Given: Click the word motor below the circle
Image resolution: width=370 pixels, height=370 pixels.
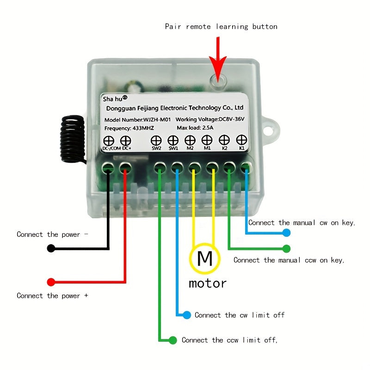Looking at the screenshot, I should coord(208,283).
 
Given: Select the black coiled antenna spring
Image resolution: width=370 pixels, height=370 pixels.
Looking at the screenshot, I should coord(73,138).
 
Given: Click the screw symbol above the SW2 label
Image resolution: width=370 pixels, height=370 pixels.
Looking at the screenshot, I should coord(156,140).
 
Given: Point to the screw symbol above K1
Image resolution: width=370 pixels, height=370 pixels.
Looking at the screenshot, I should coord(241,140).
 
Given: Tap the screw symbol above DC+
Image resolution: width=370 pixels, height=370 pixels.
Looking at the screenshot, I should coord(125,141).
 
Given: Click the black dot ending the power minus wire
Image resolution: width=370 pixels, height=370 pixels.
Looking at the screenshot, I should coord(51,248).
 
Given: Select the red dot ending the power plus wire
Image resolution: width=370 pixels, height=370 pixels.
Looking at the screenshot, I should coord(51,282).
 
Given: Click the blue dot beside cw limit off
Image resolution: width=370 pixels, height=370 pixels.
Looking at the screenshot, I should coord(186,315).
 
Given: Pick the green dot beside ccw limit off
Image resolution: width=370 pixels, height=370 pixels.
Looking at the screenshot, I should coord(173,340).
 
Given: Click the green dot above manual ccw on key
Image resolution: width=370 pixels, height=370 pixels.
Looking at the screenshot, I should coord(287,249).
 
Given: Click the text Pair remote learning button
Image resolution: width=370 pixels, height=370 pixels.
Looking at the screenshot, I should coord(221,26).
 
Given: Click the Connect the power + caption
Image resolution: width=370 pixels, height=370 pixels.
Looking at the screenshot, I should coord(52,296).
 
